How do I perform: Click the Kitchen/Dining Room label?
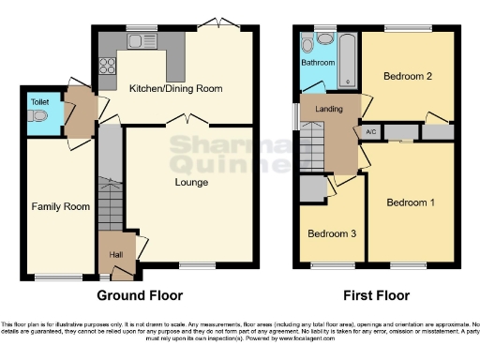click(175, 88)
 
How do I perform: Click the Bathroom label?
click(318, 63)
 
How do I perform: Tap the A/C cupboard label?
click(370, 131)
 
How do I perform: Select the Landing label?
click(327, 110)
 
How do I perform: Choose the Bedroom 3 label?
click(332, 233)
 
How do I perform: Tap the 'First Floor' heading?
click(375, 295)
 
